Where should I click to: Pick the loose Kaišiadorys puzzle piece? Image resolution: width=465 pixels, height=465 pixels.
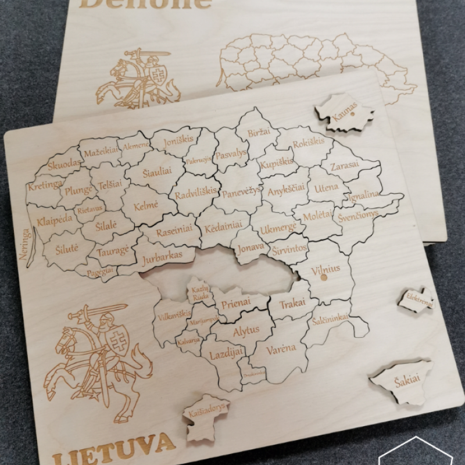(x=206, y=414)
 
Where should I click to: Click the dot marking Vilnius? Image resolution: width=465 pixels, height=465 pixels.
(x=324, y=277)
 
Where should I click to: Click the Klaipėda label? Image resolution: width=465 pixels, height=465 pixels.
(x=54, y=219)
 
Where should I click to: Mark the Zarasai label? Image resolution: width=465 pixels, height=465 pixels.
(x=345, y=166)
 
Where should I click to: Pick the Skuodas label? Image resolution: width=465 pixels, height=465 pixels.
(x=64, y=165)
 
